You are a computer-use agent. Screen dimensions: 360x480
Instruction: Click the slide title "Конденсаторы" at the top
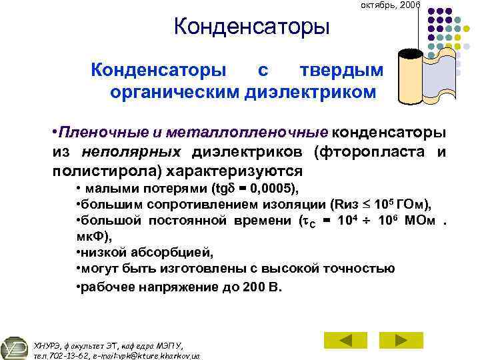pyautogui.click(x=251, y=28)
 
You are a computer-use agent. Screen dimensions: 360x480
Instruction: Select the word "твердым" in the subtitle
pyautogui.click(x=341, y=70)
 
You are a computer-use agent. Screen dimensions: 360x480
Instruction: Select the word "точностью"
pyautogui.click(x=359, y=268)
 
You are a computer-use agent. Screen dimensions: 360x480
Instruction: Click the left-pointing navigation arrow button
pyautogui.click(x=345, y=339)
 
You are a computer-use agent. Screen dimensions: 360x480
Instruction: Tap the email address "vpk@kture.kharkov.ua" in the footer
pyautogui.click(x=150, y=355)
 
